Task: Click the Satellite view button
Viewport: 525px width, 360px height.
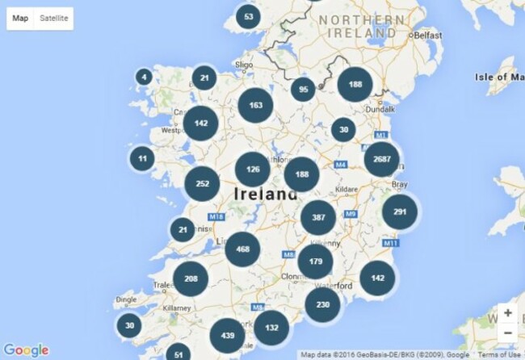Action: pos(54,18)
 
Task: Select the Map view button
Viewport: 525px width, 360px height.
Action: pos(20,18)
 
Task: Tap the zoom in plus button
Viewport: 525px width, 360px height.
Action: pos(507,312)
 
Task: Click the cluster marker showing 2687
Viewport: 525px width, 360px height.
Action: pos(381,159)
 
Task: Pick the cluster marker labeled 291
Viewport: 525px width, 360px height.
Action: pos(399,211)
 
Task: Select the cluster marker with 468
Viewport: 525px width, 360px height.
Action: pos(242,249)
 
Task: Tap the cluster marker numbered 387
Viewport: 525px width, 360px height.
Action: pos(318,218)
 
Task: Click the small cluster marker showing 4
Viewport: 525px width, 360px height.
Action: pos(144,77)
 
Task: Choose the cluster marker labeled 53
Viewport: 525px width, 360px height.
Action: pos(248,16)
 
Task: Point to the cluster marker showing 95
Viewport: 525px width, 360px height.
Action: pos(303,90)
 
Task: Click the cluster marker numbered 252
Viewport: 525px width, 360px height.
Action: pos(202,183)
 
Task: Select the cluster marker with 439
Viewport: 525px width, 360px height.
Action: pos(227,335)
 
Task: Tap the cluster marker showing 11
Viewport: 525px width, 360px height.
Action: pos(142,158)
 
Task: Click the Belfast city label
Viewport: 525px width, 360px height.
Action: pos(429,36)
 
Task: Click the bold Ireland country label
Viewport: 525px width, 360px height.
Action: pos(265,195)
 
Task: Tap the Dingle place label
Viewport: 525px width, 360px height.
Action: pos(126,299)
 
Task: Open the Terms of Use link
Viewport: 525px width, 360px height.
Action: pos(502,354)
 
